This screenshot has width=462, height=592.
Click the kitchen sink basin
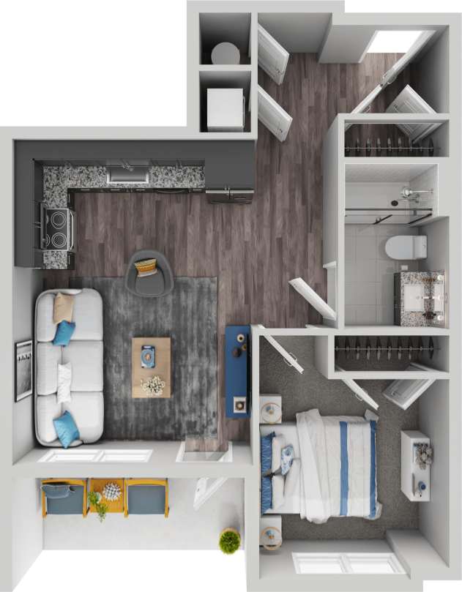point(127,176)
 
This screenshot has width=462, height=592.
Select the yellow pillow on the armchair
point(146,265)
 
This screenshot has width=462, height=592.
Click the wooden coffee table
point(152,367)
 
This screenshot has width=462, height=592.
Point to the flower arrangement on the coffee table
point(153,385)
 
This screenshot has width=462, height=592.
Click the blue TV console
point(238,372)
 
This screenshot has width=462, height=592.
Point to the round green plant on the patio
point(230,541)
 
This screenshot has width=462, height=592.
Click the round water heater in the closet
point(226,53)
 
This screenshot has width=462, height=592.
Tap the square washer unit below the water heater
point(225,109)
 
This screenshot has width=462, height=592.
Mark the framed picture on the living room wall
point(23,370)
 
